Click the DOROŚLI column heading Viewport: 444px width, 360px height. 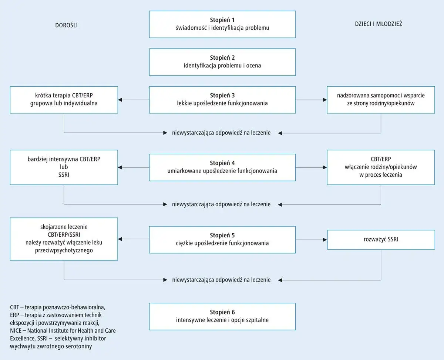point(66,25)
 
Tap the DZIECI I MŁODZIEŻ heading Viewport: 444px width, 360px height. point(379,24)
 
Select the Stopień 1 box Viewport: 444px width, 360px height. point(222,24)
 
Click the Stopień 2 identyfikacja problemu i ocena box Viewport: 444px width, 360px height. point(222,62)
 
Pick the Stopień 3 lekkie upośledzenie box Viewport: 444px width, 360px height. point(222,100)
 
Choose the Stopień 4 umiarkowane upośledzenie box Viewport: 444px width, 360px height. point(222,167)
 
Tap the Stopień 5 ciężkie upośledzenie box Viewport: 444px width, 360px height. point(222,240)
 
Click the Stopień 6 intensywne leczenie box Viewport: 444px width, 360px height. point(222,316)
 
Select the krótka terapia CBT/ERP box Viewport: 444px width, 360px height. point(64,100)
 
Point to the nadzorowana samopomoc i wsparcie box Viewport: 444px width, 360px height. point(381,100)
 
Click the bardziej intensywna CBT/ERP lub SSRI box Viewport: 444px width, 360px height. point(64,167)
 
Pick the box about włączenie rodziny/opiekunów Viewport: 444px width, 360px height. point(381,167)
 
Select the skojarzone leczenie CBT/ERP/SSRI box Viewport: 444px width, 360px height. point(64,239)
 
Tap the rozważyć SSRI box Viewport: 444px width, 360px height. point(381,240)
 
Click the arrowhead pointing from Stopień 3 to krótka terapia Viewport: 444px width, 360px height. point(120,100)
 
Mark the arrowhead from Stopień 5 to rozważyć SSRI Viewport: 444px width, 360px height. point(325,240)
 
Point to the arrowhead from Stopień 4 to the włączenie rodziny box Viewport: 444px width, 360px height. point(325,167)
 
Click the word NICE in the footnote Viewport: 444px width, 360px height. point(16,331)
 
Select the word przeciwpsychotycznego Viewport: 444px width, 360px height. point(64,250)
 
